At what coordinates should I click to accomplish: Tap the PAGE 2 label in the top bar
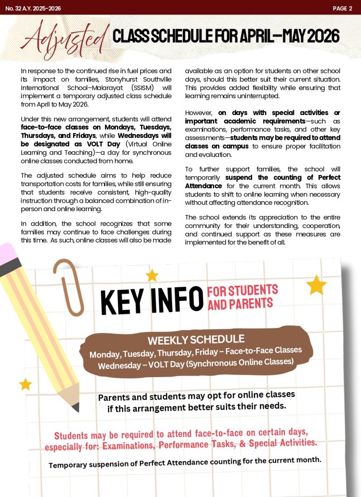[x=342, y=8]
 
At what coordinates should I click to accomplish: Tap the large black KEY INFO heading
[x=152, y=299]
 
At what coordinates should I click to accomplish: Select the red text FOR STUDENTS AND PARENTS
[x=242, y=297]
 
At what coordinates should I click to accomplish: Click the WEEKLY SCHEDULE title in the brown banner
[x=196, y=339]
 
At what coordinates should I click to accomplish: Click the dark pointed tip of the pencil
[x=76, y=407]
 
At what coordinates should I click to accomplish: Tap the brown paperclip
[x=68, y=286]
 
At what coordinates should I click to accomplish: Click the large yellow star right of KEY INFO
[x=316, y=285]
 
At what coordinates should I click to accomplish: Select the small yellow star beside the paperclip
[x=152, y=276]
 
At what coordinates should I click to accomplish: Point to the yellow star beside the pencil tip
[x=25, y=384]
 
